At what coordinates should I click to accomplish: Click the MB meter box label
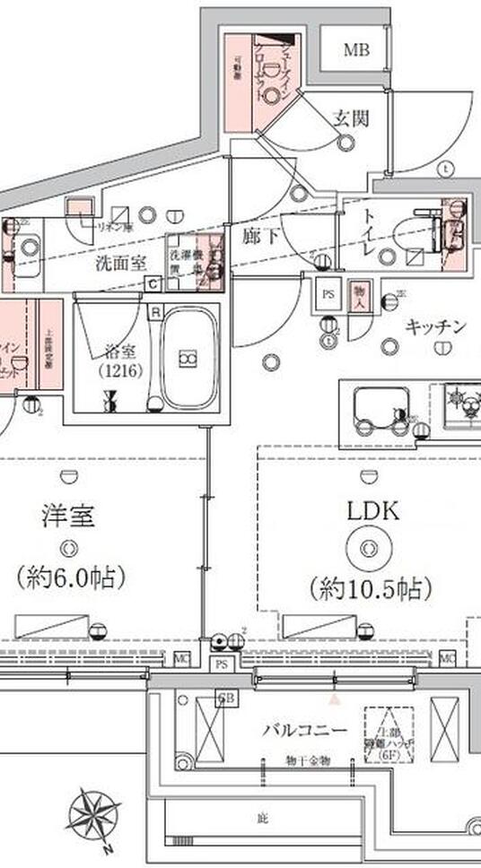click(355, 50)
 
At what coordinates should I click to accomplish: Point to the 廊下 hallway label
click(263, 237)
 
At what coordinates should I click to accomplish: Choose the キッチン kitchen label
click(434, 326)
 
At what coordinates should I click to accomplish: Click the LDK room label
click(372, 511)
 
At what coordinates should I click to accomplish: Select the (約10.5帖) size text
click(371, 588)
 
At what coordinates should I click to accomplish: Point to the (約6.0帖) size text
click(70, 576)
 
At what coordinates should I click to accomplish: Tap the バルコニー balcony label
click(304, 730)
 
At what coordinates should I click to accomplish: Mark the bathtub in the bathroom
click(190, 357)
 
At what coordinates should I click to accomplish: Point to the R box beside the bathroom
click(155, 312)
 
